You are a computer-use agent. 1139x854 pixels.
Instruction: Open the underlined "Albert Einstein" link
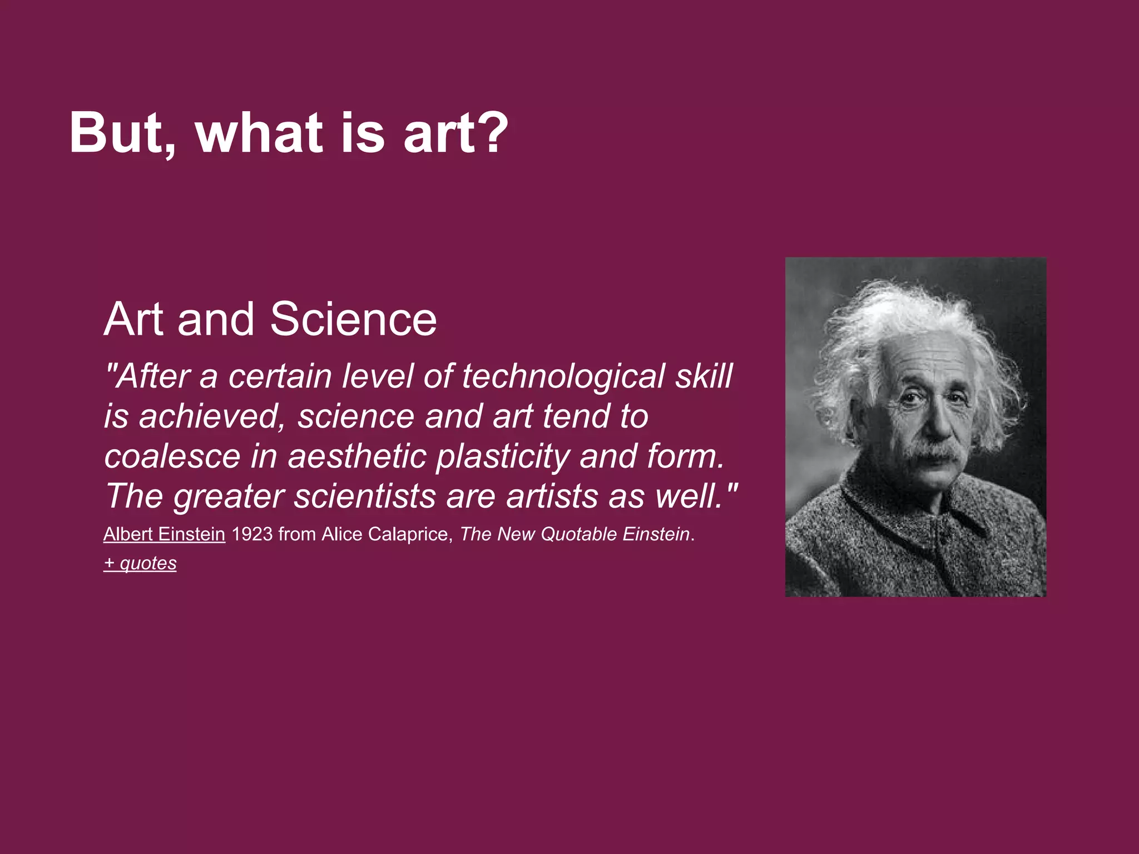(164, 534)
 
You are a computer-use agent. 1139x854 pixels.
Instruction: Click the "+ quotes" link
(140, 563)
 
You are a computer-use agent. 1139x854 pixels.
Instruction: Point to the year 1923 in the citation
(252, 534)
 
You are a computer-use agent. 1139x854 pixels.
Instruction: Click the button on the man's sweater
(942, 537)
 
